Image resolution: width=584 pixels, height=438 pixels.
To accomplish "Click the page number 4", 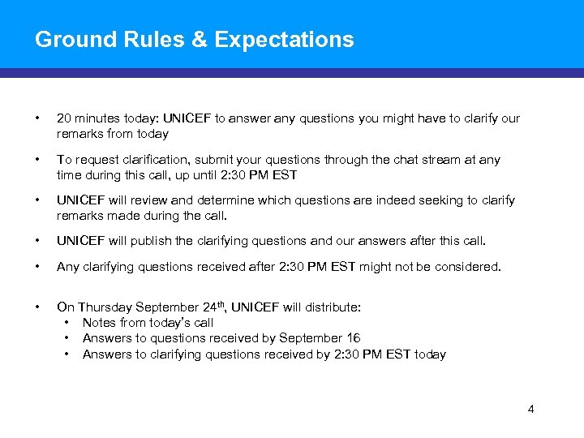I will tap(530, 409).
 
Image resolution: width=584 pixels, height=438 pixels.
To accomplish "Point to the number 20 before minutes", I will tap(64, 118).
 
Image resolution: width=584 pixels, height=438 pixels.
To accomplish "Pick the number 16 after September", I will tap(352, 338).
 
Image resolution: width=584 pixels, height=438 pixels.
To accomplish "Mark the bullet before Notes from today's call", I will tap(65, 323).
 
